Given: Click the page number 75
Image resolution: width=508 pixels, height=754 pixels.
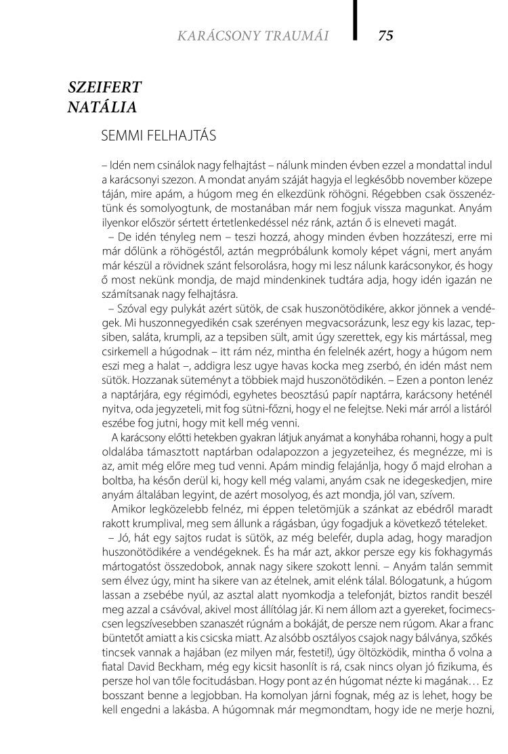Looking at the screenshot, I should pyautogui.click(x=385, y=36).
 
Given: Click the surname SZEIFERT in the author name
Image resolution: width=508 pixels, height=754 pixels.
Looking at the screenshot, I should pyautogui.click(x=105, y=87).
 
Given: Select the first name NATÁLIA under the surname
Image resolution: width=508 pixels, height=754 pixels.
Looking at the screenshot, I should pyautogui.click(x=102, y=107).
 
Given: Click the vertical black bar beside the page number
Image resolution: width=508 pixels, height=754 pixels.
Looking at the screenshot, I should pyautogui.click(x=355, y=20).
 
